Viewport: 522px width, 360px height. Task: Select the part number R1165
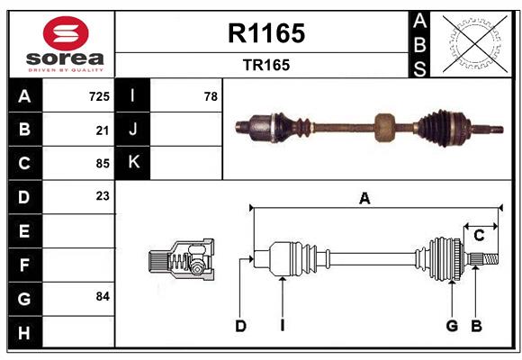(265, 33)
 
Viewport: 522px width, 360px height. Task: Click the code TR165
(265, 65)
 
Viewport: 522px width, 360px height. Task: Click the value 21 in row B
(102, 130)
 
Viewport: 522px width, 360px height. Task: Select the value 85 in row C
(101, 164)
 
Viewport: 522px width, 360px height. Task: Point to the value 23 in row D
(101, 196)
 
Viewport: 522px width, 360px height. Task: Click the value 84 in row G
(101, 296)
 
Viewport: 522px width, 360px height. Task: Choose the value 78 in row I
(211, 96)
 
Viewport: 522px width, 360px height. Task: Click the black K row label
(133, 163)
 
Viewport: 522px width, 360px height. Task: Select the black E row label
(24, 231)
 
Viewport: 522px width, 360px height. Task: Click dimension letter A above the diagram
(364, 200)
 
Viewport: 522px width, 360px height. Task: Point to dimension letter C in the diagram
(480, 236)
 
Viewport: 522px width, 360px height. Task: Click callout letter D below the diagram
(240, 326)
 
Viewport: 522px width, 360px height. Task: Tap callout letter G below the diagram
(452, 326)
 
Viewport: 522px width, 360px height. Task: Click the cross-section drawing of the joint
(180, 261)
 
